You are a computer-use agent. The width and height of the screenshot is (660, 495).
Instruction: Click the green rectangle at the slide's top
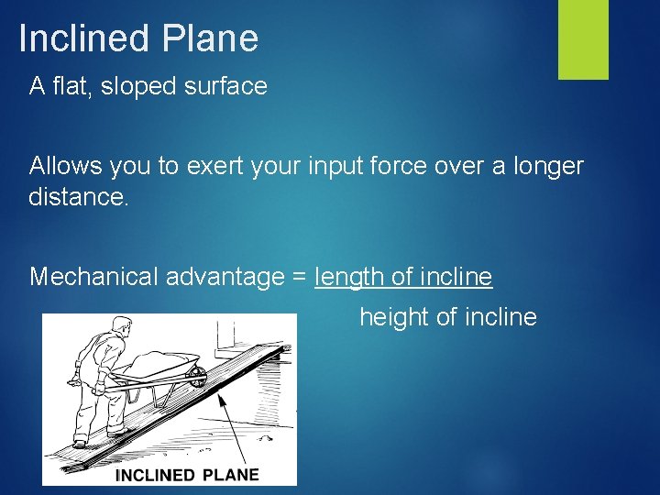[583, 39]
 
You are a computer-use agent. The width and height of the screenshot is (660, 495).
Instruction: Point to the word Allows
[66, 166]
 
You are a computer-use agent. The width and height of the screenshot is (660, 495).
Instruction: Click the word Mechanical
[93, 276]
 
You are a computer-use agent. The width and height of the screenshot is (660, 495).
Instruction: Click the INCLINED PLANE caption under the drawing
[188, 475]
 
